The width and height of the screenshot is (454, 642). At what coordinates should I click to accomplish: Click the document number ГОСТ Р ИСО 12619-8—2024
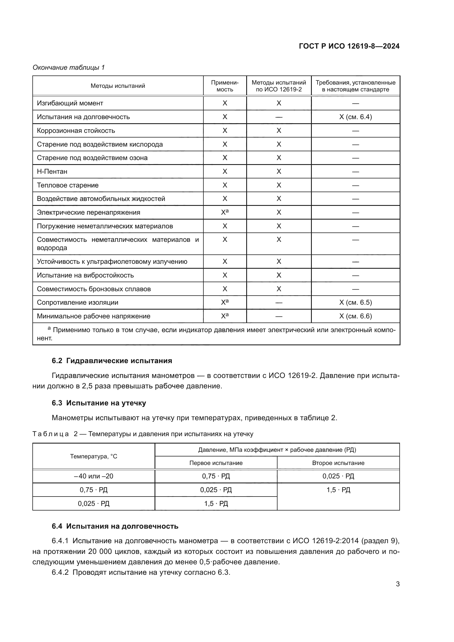coord(349,46)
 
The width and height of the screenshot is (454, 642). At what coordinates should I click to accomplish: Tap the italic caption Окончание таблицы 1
coord(69,68)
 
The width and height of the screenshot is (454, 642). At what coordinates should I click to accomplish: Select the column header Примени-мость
coord(225,86)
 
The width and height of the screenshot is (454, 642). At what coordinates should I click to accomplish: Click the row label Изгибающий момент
coord(70,103)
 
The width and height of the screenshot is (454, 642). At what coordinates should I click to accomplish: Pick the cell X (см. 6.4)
coord(355,117)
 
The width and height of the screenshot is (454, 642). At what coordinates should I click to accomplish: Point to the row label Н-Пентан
coord(52,171)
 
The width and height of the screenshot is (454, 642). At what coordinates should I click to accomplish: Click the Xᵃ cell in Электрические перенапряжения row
coord(225,212)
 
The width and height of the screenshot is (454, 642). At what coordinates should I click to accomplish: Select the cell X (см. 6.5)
coord(355,302)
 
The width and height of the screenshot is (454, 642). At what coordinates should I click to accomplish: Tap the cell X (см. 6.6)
coord(355,316)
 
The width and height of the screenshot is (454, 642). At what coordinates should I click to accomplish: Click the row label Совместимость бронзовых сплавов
coord(94,289)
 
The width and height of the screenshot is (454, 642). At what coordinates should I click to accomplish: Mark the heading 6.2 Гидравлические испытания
coord(112,361)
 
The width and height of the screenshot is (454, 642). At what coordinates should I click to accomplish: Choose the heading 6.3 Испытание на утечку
coord(99,403)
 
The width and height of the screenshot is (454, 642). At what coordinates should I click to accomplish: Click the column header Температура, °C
coord(94,456)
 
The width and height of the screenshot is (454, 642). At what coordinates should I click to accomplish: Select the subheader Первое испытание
coord(216,463)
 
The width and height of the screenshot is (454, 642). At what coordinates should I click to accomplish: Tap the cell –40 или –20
coord(94,476)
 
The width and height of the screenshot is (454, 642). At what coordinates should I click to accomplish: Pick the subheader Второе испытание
coord(338,463)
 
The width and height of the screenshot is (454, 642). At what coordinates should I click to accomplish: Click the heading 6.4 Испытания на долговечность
coord(115,526)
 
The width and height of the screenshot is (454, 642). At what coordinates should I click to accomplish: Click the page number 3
coord(397,584)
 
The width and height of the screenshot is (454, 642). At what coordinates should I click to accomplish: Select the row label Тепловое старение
coord(68,185)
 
